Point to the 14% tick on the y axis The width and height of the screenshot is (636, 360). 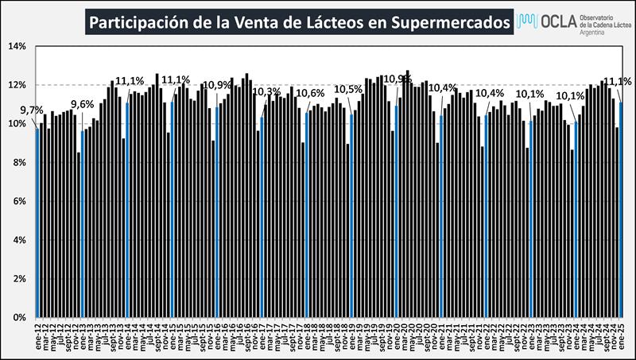pos(17,46)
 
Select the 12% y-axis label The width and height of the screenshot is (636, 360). pos(17,85)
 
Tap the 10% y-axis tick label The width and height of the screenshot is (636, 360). pos(17,124)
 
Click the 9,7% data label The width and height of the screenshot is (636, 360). pos(32,110)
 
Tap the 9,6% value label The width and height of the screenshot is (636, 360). pos(82,104)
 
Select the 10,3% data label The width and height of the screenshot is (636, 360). pos(266,93)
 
